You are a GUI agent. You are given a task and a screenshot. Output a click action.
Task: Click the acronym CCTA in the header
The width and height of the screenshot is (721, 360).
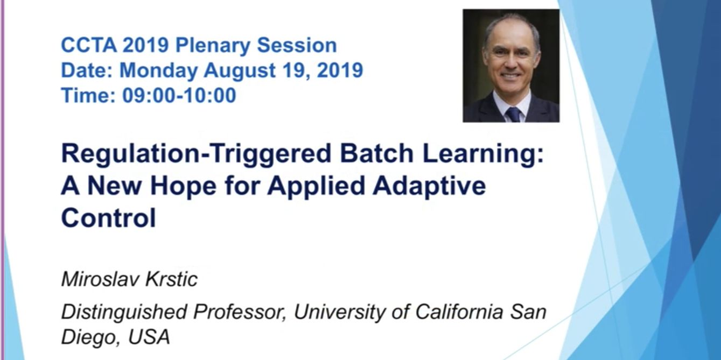coord(88,45)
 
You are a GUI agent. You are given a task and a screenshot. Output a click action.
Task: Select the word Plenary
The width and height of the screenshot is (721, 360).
coord(213,46)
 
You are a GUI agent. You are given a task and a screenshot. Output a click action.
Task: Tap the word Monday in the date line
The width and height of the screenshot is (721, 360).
coord(158,71)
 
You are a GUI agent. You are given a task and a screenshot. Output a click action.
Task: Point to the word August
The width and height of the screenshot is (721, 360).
coord(240,71)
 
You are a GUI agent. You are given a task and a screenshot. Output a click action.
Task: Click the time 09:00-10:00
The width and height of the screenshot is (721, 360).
coord(179,96)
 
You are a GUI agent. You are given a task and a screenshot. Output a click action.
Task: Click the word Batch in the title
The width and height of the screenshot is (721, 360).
coord(376,153)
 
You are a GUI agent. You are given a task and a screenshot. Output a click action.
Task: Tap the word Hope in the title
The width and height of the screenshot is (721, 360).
coord(183,186)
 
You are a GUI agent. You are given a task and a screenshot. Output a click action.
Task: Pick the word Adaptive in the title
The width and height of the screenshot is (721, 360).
coord(429,186)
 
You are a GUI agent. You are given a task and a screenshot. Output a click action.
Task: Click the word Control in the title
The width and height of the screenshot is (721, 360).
coord(108,217)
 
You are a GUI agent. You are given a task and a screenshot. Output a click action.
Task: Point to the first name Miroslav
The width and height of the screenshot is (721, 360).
coord(100,279)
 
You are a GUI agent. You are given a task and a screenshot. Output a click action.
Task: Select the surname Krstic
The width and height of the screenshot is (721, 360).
coord(172,279)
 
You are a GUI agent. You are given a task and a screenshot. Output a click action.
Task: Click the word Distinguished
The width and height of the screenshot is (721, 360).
coord(124,313)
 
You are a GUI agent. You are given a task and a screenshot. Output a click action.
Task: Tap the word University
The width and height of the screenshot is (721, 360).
coord(340,313)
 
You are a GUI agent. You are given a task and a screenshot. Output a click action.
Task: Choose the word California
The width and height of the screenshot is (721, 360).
coord(459,312)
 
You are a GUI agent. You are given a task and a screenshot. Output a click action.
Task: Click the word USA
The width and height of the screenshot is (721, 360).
coord(149,337)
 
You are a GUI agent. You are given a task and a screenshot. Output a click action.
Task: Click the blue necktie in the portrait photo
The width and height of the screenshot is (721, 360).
coord(513,115)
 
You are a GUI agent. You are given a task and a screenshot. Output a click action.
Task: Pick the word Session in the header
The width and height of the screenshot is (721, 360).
coord(297,45)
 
